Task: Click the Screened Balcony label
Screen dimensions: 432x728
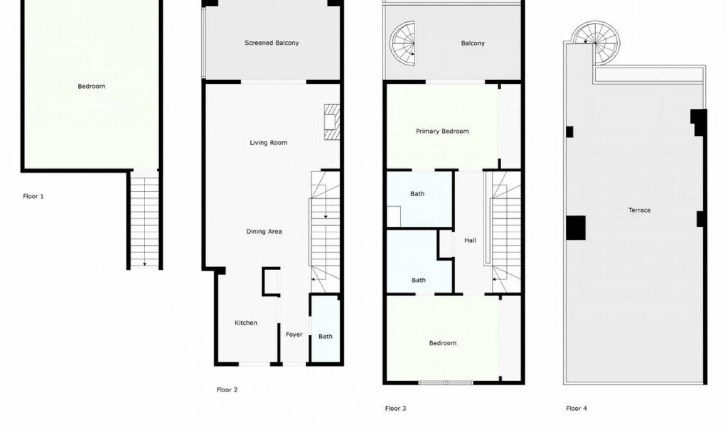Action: coord(271,43)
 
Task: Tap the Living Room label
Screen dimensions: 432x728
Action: coord(268,142)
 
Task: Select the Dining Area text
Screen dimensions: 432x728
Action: coord(264,231)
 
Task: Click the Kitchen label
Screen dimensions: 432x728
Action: coord(246,322)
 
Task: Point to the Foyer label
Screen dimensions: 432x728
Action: coord(294,334)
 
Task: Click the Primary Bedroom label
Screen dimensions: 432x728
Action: coord(442,131)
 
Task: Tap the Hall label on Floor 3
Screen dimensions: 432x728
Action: coord(470,240)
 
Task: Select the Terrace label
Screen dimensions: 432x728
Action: coord(639,210)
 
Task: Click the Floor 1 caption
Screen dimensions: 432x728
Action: coord(33,196)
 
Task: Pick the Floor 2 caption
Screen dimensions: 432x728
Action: coord(227,390)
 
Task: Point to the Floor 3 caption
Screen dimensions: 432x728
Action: coord(395,408)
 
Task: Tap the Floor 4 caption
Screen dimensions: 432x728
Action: coord(576,408)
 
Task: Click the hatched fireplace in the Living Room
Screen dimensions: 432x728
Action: coord(332,122)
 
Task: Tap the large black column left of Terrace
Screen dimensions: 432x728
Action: coord(576,228)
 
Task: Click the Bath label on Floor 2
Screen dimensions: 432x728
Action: coord(325,336)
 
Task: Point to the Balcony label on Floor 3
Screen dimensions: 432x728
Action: coord(473,43)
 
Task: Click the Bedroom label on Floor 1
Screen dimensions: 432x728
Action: coord(91,86)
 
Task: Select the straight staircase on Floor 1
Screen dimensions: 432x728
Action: coord(144,220)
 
